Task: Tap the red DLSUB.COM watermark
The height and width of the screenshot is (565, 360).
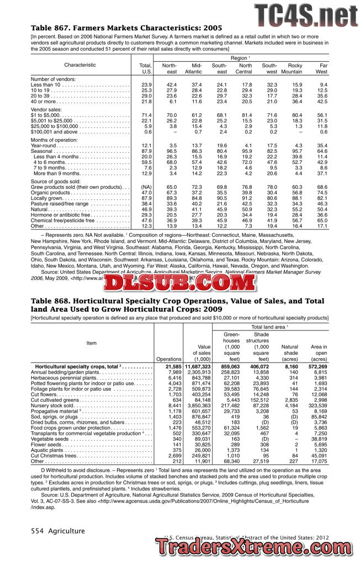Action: (177, 283)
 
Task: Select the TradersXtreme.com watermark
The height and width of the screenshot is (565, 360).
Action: (257, 547)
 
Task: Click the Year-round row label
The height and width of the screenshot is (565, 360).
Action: (45, 145)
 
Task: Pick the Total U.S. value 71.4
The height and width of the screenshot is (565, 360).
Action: (146, 114)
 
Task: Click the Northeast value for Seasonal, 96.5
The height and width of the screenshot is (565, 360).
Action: (171, 151)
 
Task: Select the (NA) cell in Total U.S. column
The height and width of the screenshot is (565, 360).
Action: (145, 187)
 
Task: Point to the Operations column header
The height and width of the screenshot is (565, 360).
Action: (168, 359)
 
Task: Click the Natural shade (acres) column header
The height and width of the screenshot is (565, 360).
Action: (289, 353)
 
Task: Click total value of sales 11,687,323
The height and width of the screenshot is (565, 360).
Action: (197, 366)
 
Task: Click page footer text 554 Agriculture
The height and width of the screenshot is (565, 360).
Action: (58, 531)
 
